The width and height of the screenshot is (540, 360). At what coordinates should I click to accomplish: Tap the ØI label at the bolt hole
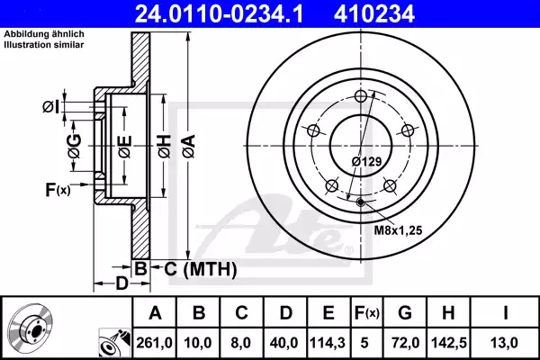coord(51,107)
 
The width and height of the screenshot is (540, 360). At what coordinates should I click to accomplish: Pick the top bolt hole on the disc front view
coord(362,97)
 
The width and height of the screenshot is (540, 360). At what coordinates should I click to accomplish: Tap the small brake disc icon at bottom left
coord(31,328)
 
